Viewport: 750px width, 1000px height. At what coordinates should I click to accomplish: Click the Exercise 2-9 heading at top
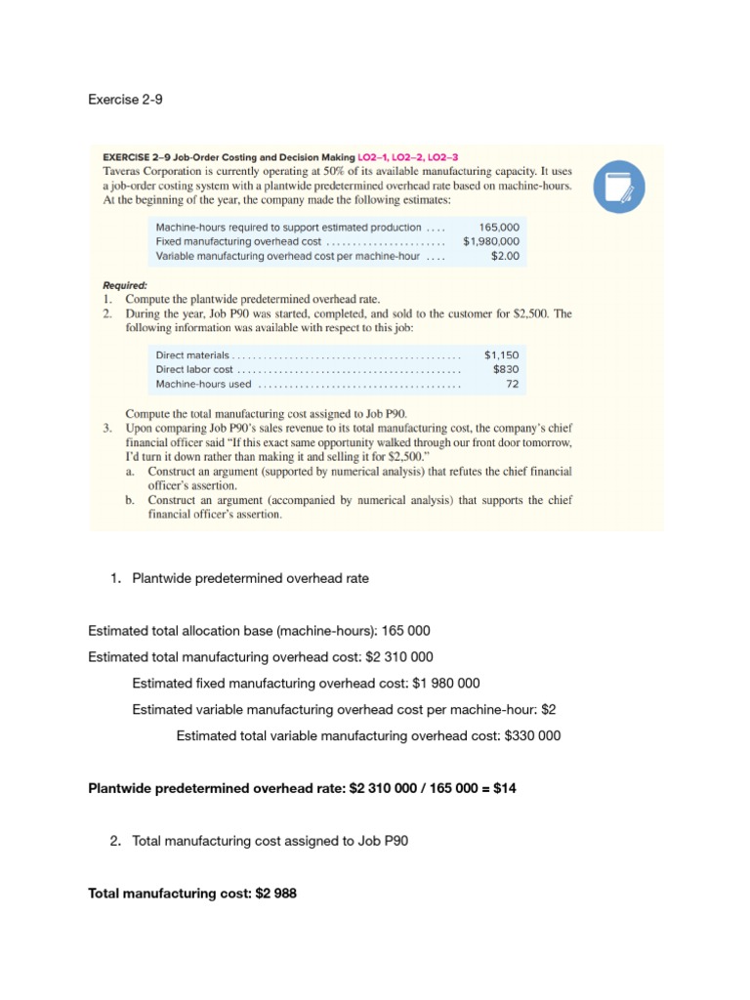(123, 99)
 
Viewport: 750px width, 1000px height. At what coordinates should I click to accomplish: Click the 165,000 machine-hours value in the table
(499, 227)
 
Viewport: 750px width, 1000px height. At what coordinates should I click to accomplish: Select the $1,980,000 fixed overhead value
(491, 241)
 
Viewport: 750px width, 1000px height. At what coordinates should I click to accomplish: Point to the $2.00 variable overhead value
(506, 256)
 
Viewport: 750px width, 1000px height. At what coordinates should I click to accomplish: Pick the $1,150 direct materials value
(502, 355)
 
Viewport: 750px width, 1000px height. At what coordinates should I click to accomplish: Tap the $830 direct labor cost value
(506, 370)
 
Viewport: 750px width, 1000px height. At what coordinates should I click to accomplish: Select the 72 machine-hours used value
(512, 385)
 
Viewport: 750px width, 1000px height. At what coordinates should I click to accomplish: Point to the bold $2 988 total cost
(270, 893)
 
